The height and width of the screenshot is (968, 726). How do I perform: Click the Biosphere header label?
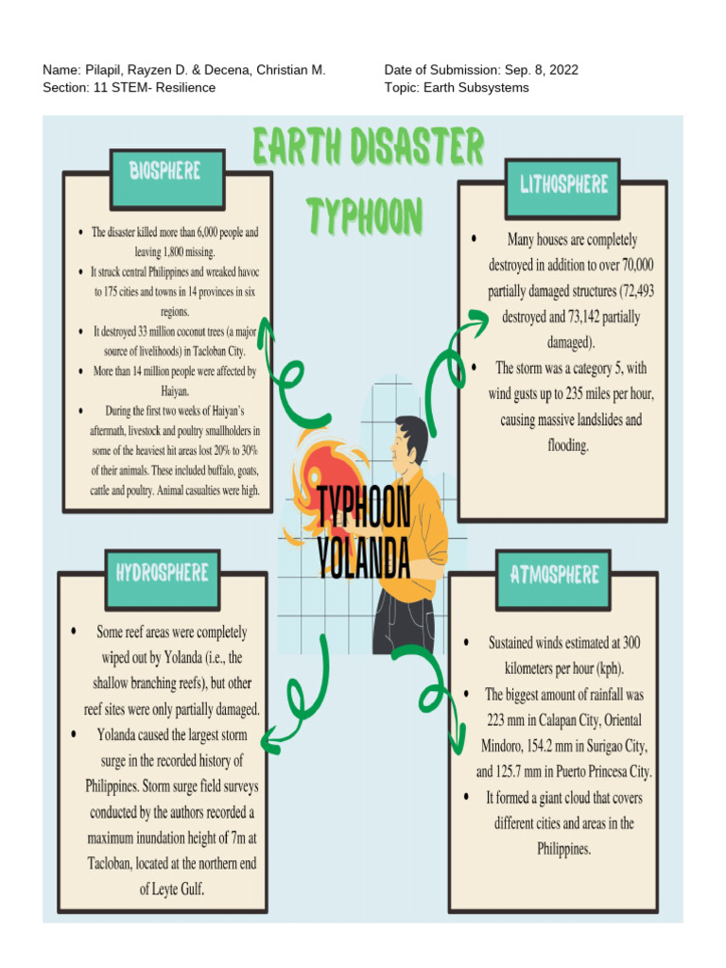tap(165, 171)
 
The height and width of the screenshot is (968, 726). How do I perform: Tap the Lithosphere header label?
tap(563, 183)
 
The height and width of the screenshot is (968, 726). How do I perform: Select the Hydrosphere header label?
tap(162, 572)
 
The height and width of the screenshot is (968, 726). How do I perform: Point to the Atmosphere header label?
tap(554, 574)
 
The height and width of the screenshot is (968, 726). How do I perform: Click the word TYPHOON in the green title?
tap(364, 216)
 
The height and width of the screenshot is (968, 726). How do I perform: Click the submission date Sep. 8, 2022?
tap(542, 70)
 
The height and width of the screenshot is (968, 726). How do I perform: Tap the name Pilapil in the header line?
tap(107, 70)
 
